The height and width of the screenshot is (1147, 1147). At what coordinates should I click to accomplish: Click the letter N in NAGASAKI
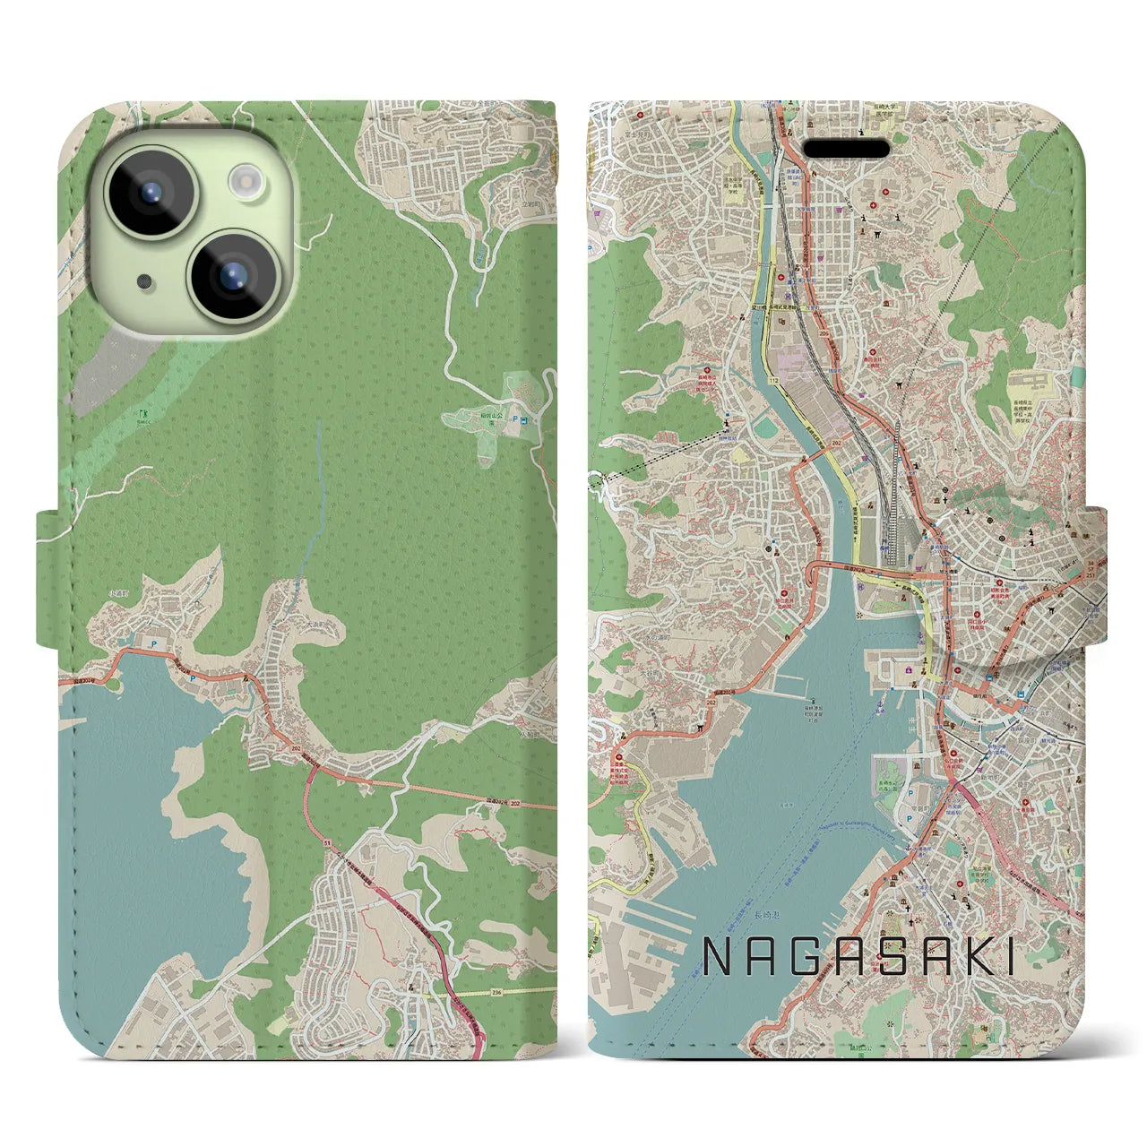coord(720,957)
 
